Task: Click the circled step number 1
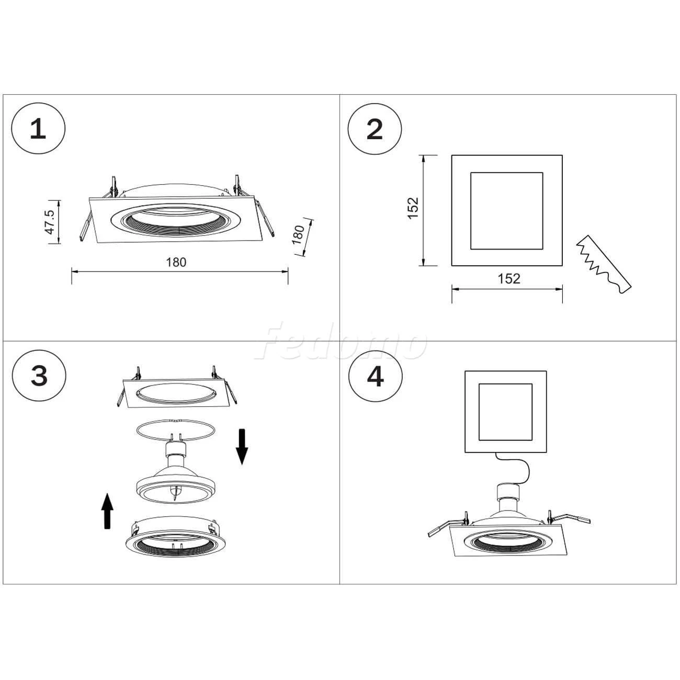tap(38, 129)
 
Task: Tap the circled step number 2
tap(375, 129)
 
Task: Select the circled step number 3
tap(39, 376)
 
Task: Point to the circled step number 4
tap(376, 377)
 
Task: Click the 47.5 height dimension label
tap(49, 222)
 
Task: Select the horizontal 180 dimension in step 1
tap(176, 262)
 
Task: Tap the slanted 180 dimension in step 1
tap(299, 235)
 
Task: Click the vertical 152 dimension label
tap(413, 208)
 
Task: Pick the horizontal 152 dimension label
tap(509, 279)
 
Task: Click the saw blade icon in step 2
tap(604, 265)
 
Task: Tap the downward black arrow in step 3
tap(242, 447)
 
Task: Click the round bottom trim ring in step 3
tap(175, 539)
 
